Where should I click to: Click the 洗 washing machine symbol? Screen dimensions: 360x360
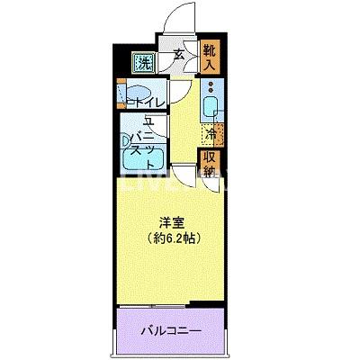point(143,63)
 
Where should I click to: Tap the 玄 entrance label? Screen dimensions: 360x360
point(178,55)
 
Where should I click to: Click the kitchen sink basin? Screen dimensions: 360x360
point(210,107)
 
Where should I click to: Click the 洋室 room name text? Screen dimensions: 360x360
point(171,222)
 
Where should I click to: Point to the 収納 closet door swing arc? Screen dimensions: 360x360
point(210,183)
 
